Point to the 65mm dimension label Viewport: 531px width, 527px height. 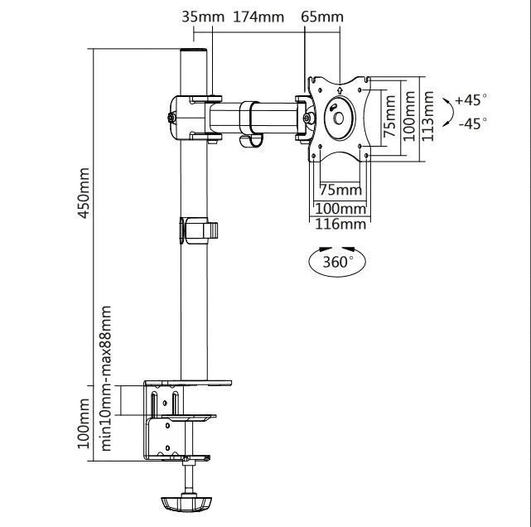[323, 17]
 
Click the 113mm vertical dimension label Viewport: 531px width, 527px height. [428, 115]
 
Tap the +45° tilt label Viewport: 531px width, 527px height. [472, 99]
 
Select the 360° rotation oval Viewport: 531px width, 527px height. [337, 263]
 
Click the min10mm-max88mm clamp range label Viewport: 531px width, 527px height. [106, 377]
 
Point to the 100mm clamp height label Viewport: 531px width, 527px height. [83, 423]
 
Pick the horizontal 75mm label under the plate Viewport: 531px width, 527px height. [340, 190]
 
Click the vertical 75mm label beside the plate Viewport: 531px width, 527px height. [389, 115]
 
